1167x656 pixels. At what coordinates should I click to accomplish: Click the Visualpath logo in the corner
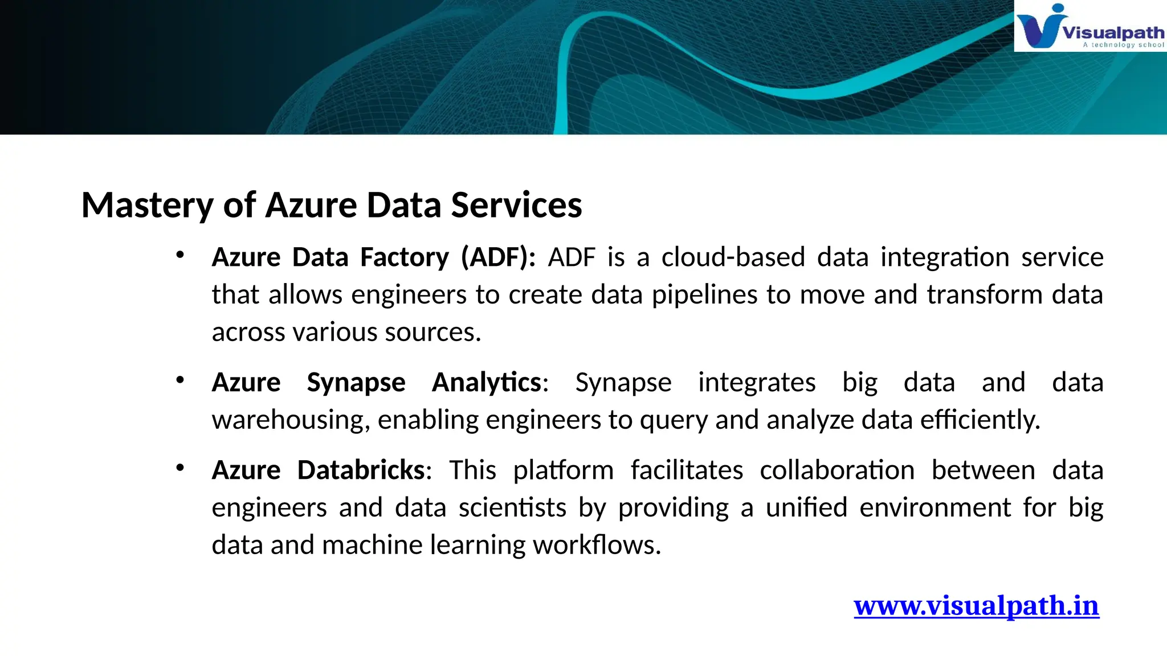1090,27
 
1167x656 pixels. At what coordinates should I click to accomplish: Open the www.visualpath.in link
976,605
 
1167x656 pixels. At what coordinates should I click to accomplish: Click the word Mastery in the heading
147,206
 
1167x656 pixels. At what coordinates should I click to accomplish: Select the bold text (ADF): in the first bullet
498,257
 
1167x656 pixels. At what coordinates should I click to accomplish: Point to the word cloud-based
733,257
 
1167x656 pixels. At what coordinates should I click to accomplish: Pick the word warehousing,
291,420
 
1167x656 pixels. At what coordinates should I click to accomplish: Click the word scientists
512,508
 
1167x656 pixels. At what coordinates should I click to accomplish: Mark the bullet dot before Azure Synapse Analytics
180,380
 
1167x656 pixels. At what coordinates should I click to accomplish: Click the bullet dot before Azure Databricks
180,468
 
